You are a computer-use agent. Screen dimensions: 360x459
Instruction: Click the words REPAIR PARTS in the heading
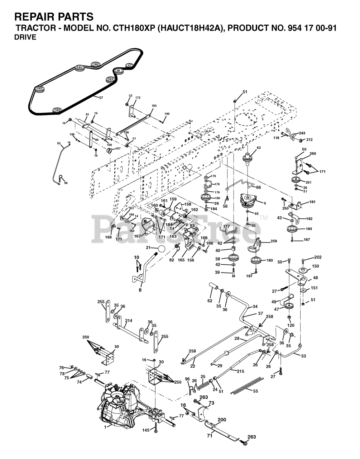(x=54, y=17)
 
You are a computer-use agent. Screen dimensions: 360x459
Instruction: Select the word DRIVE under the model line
(x=25, y=37)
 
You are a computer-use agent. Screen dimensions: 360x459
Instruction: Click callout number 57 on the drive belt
(x=101, y=98)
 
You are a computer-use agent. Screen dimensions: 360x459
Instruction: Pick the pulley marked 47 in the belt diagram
(x=129, y=66)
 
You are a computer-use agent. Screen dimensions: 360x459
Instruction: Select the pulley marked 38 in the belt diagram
(x=118, y=71)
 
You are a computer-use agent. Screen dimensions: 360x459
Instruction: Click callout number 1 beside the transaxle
(x=105, y=426)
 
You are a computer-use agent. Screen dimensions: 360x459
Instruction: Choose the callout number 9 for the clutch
(x=265, y=203)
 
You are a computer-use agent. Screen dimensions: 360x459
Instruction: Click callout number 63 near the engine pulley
(x=259, y=148)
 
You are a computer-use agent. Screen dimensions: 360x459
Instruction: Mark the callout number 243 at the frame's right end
(x=302, y=133)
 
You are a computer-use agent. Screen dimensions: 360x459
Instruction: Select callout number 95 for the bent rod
(x=59, y=143)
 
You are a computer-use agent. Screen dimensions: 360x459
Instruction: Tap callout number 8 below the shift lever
(x=140, y=290)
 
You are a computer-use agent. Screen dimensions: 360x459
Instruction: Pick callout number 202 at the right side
(x=318, y=257)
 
